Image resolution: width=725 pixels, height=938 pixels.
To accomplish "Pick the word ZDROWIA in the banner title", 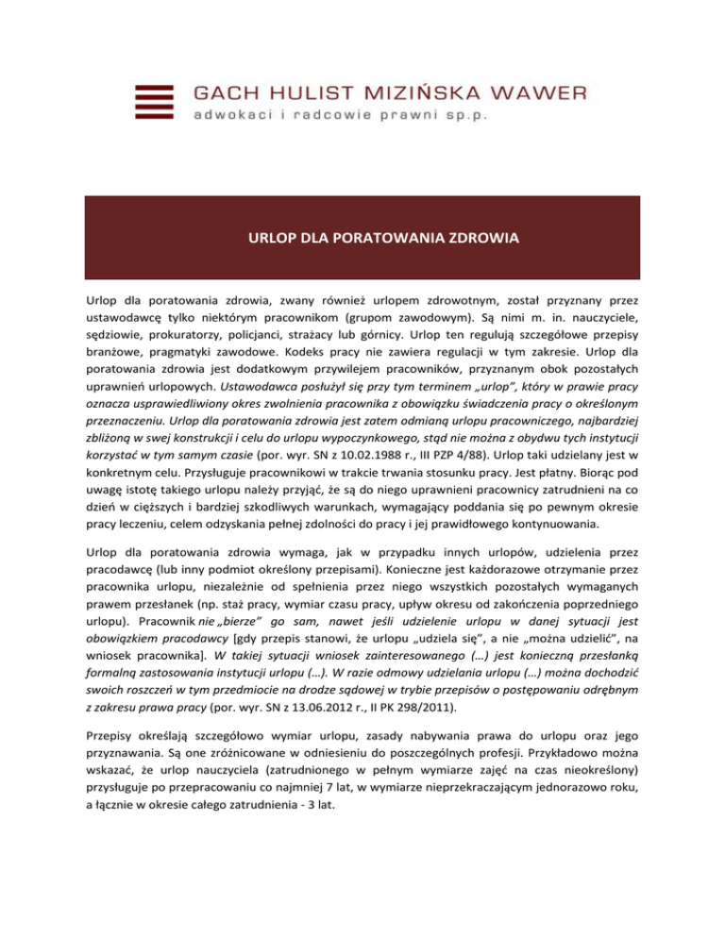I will pyautogui.click(x=473, y=240).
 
